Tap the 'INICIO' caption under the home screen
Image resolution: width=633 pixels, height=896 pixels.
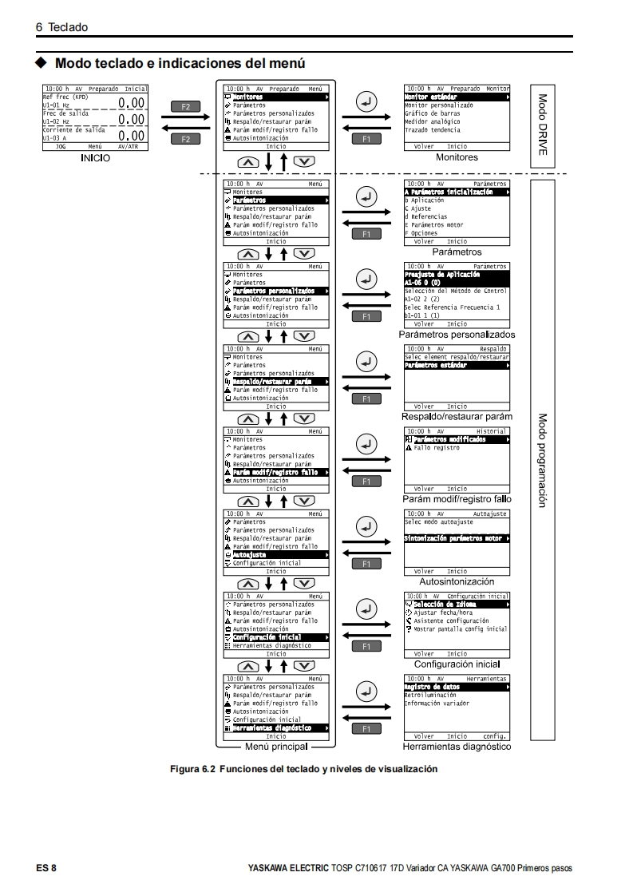coord(94,158)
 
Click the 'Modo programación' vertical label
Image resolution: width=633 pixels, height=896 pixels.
coord(542,460)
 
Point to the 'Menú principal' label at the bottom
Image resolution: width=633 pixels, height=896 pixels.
coord(275,747)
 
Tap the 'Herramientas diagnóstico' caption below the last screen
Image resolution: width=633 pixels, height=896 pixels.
coord(457,747)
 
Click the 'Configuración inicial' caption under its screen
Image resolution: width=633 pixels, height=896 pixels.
coord(457,664)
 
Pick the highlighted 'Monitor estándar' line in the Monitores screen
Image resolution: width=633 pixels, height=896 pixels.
coord(435,97)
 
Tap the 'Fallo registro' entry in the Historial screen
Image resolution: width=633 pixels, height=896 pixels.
coord(436,448)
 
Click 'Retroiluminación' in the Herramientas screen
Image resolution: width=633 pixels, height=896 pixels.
coord(429,695)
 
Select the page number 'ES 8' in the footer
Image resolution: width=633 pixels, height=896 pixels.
coord(45,867)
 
